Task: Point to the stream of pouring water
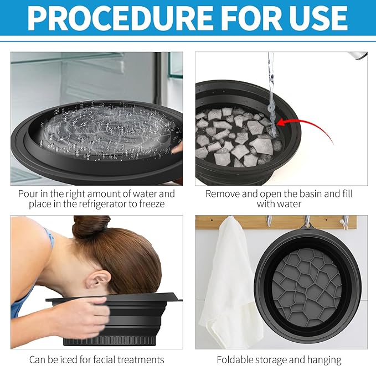pyautogui.click(x=271, y=88)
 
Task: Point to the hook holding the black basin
pyautogui.click(x=307, y=222)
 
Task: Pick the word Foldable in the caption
pyautogui.click(x=235, y=359)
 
